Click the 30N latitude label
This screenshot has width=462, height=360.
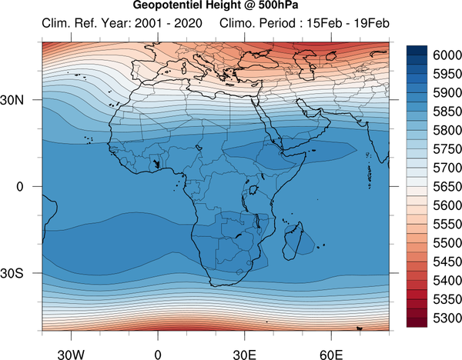(x=12, y=100)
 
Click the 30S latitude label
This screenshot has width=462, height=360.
(x=12, y=273)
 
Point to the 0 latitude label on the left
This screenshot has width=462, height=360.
(x=20, y=187)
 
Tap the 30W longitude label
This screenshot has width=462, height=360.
(x=71, y=355)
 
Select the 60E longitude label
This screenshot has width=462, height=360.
(x=331, y=355)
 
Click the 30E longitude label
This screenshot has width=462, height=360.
(x=245, y=355)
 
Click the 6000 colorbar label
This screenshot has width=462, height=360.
(x=447, y=55)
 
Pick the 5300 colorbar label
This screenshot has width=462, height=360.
(x=447, y=318)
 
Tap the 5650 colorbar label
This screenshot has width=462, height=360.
(x=447, y=187)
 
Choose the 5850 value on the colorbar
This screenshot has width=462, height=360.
(x=447, y=112)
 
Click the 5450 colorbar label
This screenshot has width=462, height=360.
(x=447, y=262)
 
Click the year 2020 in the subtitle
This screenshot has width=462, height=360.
(x=188, y=23)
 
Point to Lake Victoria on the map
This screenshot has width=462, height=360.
(x=253, y=190)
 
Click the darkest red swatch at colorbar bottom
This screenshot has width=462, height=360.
(x=417, y=322)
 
